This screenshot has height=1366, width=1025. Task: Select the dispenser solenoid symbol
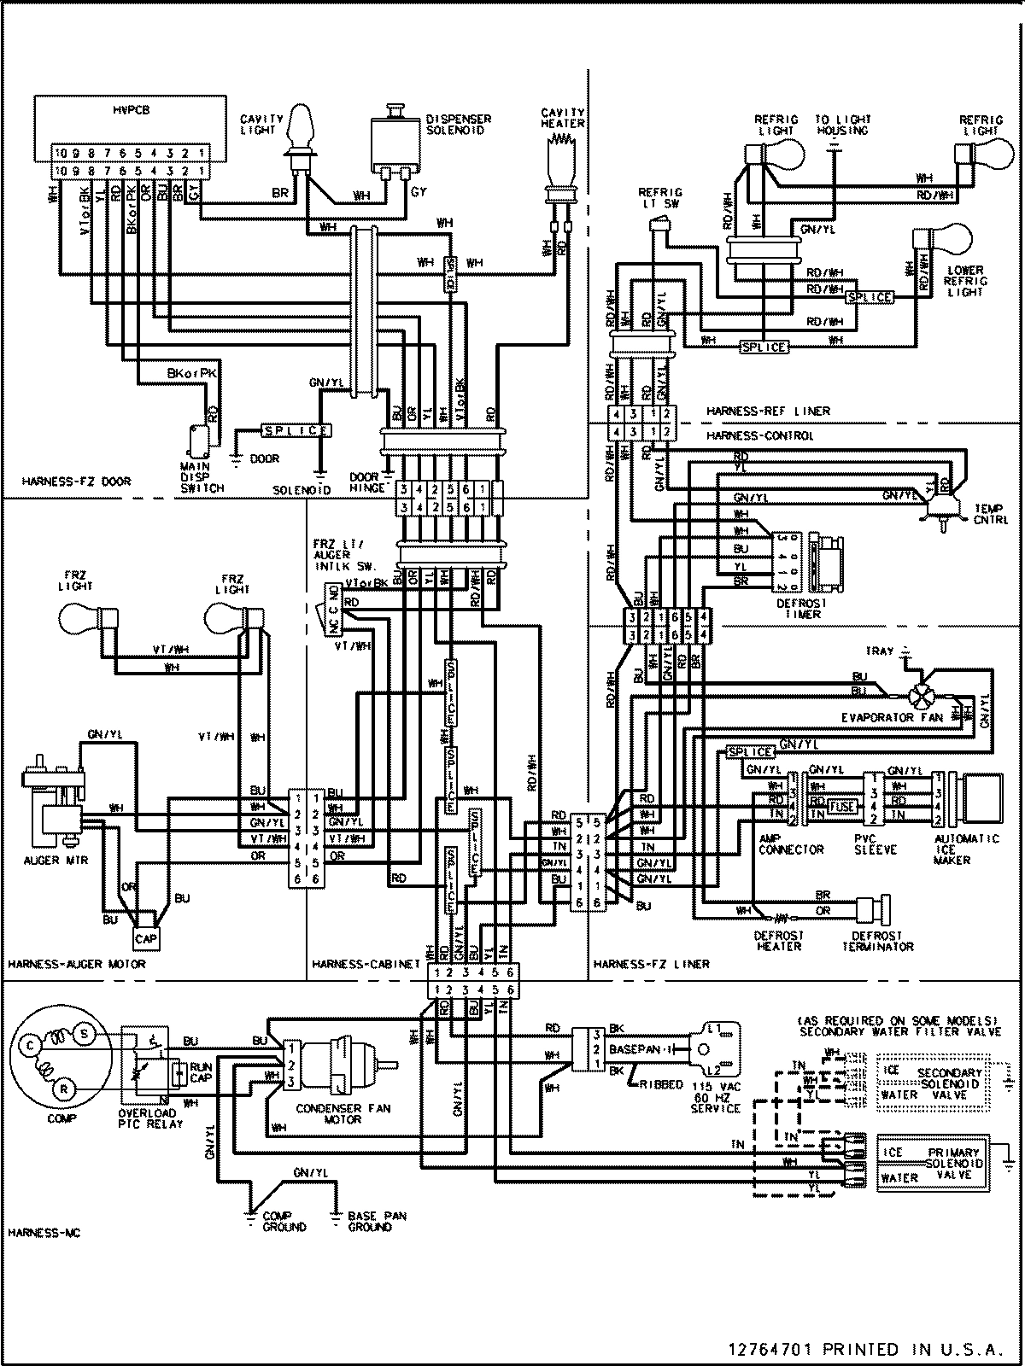tap(394, 141)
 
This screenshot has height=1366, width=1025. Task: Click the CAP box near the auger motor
tap(145, 939)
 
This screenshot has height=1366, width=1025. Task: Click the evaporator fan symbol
tap(921, 697)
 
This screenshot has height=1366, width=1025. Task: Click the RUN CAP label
tap(202, 1073)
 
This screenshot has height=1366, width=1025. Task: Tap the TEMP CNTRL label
tap(990, 513)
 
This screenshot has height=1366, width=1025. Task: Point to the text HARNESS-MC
tap(38, 1233)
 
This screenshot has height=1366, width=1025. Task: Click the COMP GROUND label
tap(284, 1221)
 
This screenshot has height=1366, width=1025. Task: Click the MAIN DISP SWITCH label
tap(202, 478)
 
